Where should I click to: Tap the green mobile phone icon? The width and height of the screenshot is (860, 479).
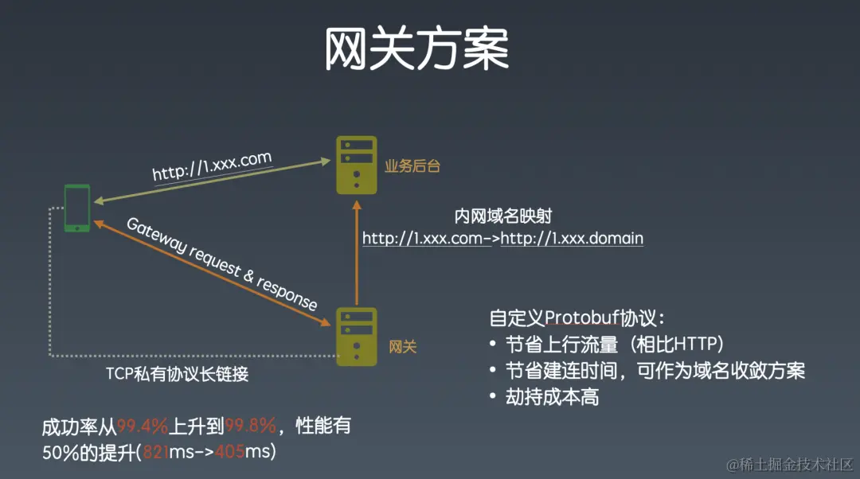click(77, 208)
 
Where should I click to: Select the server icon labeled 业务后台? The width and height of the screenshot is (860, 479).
click(356, 165)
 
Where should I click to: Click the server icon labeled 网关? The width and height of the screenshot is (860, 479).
click(356, 337)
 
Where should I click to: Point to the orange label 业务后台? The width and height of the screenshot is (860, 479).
click(412, 166)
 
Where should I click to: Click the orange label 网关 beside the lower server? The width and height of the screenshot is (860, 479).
click(402, 347)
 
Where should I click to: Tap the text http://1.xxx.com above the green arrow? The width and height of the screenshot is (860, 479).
click(212, 167)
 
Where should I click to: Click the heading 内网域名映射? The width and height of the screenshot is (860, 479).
click(502, 216)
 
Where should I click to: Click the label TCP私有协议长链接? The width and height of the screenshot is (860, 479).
click(177, 374)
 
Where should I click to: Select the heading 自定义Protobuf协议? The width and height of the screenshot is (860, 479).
click(576, 319)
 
